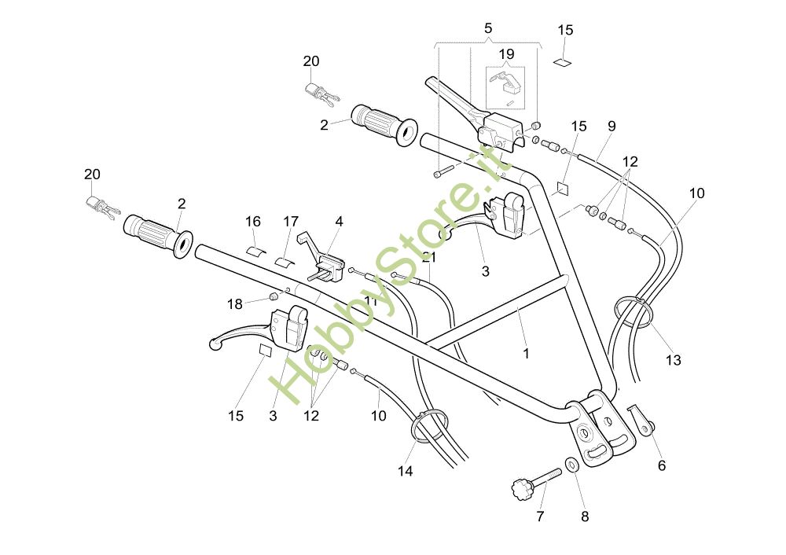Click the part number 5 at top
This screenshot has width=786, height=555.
point(488,28)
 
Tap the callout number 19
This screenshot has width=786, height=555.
point(506,54)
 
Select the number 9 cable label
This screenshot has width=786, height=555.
point(612,125)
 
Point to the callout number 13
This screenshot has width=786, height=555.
point(673,360)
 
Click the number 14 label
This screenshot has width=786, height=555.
point(405,471)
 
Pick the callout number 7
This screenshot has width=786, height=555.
point(540,516)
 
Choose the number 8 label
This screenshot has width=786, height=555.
point(584,516)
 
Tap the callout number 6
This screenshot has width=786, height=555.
point(661,465)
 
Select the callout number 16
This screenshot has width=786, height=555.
point(252,222)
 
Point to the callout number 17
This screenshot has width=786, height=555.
point(291,222)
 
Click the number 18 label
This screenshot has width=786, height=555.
point(235,304)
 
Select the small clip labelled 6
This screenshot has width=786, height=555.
point(641,418)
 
